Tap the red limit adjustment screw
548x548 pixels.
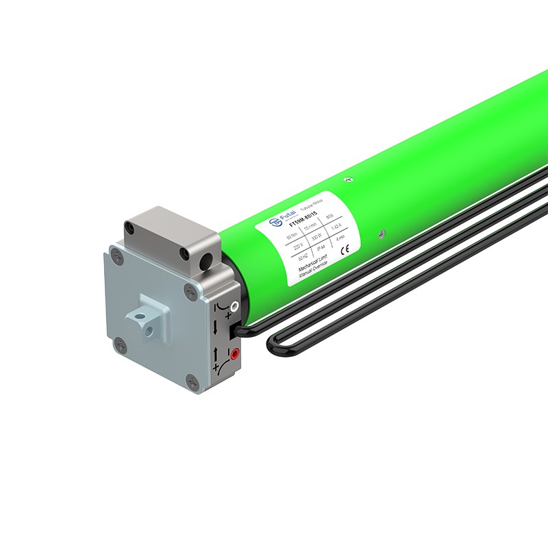click(x=235, y=353)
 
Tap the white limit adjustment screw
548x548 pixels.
click(x=234, y=308)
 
